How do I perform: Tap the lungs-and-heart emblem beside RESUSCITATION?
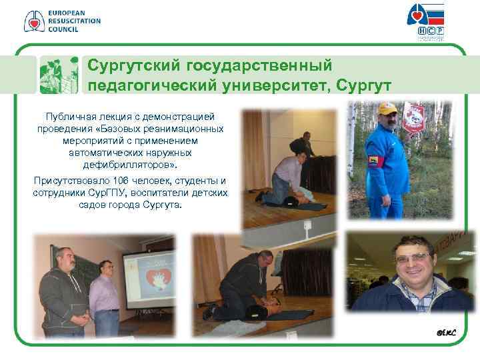34,21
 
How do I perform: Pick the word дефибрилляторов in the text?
130,163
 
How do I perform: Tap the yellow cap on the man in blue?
387,108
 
